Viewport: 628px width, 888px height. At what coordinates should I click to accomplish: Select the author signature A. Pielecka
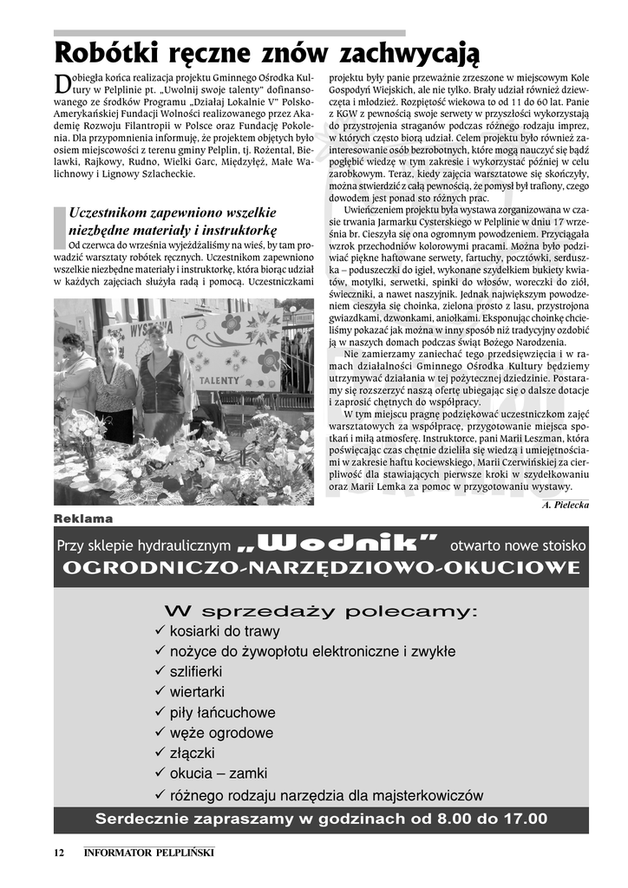(565, 504)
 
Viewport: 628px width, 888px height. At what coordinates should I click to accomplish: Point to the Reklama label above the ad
(83, 519)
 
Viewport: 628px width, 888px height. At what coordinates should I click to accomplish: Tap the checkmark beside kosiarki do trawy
(160, 630)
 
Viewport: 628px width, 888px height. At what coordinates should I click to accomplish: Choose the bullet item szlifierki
(196, 671)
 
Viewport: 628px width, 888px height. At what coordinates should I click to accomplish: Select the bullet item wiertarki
(197, 692)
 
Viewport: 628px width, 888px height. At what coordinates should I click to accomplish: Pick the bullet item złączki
(193, 754)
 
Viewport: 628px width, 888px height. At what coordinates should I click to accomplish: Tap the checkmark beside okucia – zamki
(160, 774)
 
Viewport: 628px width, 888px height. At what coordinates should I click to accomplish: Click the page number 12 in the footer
(59, 852)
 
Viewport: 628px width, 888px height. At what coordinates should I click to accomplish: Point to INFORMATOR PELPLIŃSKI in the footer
(149, 852)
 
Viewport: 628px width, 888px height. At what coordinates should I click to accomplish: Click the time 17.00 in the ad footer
(527, 819)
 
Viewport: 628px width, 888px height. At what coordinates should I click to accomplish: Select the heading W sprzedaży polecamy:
(321, 611)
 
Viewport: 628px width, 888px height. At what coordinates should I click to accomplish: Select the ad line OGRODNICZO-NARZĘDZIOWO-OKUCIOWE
(321, 568)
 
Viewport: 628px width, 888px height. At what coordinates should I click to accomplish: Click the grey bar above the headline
(229, 33)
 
